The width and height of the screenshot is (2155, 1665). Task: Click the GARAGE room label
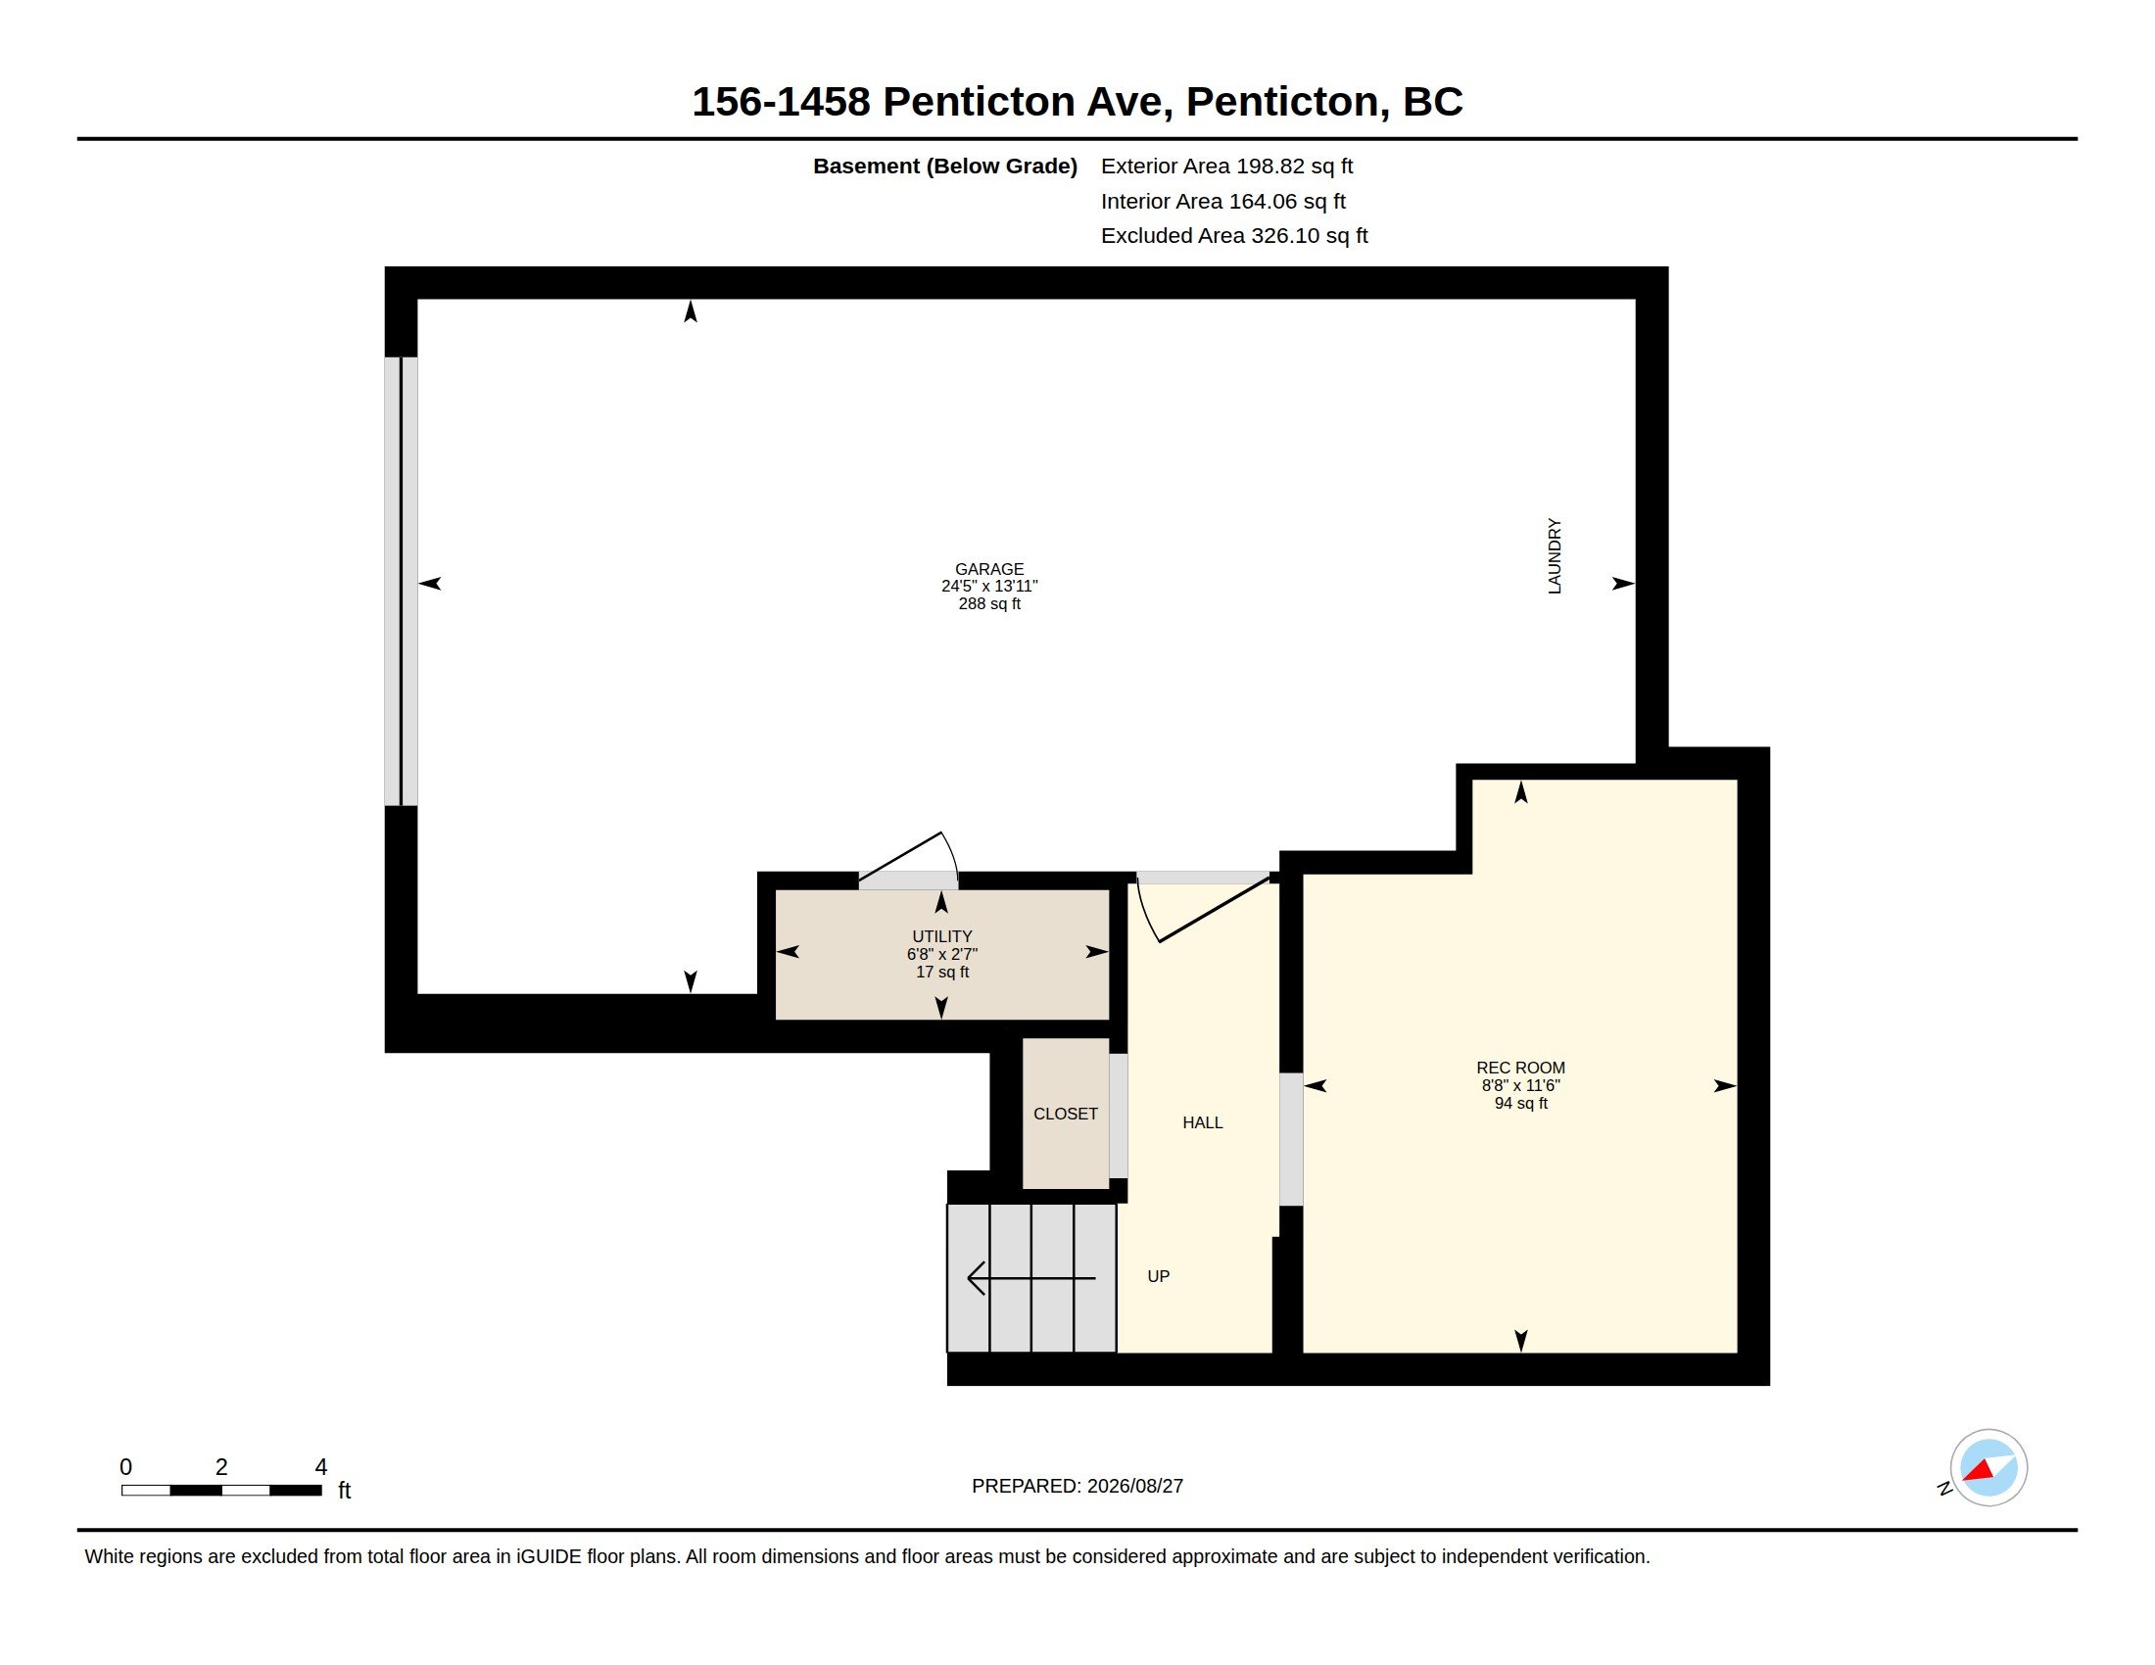[988, 569]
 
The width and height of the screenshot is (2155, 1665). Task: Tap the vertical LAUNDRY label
[1555, 555]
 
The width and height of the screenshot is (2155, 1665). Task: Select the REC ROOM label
[1520, 1068]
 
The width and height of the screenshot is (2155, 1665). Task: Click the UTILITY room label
[942, 936]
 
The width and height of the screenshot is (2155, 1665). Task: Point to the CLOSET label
[1066, 1114]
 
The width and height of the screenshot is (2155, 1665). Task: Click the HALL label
[1203, 1122]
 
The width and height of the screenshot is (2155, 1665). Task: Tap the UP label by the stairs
[1159, 1276]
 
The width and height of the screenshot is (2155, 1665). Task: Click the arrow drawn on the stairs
[1031, 1278]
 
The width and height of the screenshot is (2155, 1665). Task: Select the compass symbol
[1987, 1468]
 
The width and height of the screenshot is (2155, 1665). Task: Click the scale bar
[222, 1491]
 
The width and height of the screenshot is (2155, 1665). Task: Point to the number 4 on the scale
[320, 1467]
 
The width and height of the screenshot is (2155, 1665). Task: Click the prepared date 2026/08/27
[1134, 1487]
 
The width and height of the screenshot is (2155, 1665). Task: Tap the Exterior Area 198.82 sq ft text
[1226, 166]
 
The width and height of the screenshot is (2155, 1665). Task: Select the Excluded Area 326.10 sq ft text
[1234, 236]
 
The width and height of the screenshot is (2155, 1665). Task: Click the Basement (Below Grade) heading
[945, 166]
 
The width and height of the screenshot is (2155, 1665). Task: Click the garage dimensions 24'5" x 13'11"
[988, 586]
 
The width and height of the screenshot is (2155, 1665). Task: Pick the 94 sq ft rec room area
[1520, 1103]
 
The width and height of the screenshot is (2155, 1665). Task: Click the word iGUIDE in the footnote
[548, 1556]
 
